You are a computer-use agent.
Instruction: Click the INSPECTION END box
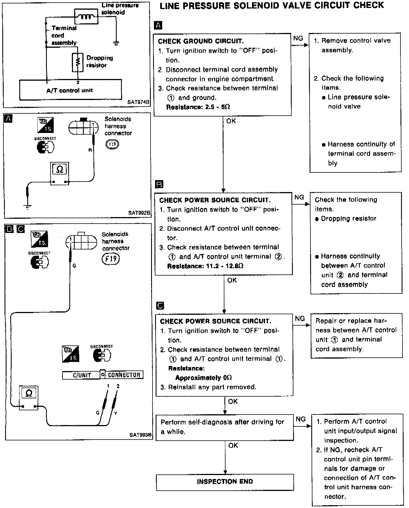[225, 482]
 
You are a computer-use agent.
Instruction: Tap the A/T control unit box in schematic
[70, 90]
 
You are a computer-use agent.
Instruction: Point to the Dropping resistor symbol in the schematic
[78, 62]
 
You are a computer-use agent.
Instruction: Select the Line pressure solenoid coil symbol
[86, 16]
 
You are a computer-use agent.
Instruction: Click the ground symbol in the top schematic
[116, 43]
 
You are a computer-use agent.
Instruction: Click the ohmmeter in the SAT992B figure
[60, 173]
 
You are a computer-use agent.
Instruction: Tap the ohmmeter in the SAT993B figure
[29, 397]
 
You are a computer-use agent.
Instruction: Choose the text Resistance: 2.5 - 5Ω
[198, 107]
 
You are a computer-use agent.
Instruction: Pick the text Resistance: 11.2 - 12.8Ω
[205, 266]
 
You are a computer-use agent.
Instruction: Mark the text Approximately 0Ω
[203, 378]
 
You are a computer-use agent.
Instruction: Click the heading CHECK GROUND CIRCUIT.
[201, 41]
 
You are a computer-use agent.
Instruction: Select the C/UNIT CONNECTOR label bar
[103, 375]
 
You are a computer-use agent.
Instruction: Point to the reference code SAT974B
[138, 102]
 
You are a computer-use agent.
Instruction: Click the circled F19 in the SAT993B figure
[111, 259]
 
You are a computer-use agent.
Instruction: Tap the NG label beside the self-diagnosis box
[301, 419]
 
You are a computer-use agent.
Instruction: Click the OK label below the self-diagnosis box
[233, 445]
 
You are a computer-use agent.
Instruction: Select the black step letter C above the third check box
[160, 306]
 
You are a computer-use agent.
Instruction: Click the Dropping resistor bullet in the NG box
[348, 218]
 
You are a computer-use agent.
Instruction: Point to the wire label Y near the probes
[116, 413]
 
